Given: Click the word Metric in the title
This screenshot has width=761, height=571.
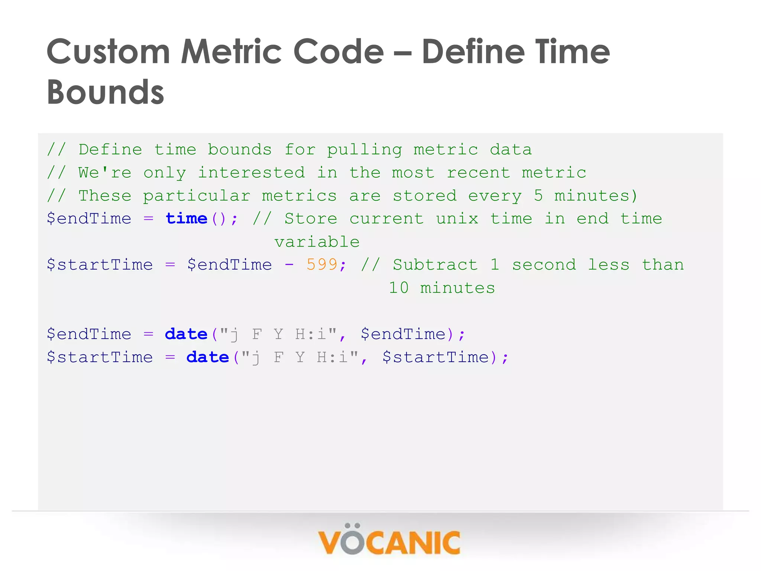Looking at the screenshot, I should pyautogui.click(x=232, y=52).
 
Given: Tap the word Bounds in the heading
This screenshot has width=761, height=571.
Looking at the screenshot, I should pyautogui.click(x=106, y=92).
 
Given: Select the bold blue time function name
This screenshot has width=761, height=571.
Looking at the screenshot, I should pyautogui.click(x=187, y=219).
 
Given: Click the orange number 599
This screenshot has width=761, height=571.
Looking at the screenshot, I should pyautogui.click(x=322, y=265).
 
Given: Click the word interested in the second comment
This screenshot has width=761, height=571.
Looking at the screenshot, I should pyautogui.click(x=252, y=173).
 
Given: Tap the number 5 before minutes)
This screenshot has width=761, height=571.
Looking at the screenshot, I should pyautogui.click(x=538, y=196).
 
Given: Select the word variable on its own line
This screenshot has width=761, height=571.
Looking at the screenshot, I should pyautogui.click(x=317, y=242).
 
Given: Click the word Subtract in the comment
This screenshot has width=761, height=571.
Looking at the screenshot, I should pyautogui.click(x=435, y=265).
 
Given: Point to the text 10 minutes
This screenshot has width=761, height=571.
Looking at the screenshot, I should pyautogui.click(x=442, y=288).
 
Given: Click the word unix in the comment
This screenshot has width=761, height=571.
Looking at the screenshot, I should pyautogui.click(x=457, y=219).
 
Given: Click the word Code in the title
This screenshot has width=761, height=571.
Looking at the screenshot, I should pyautogui.click(x=339, y=52).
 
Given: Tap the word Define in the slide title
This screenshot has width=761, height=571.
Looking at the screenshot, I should pyautogui.click(x=472, y=52).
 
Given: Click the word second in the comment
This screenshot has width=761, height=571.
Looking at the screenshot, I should pyautogui.click(x=544, y=265).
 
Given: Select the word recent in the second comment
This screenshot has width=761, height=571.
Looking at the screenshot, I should pyautogui.click(x=479, y=173).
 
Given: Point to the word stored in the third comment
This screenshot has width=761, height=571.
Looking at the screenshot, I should pyautogui.click(x=425, y=196).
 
